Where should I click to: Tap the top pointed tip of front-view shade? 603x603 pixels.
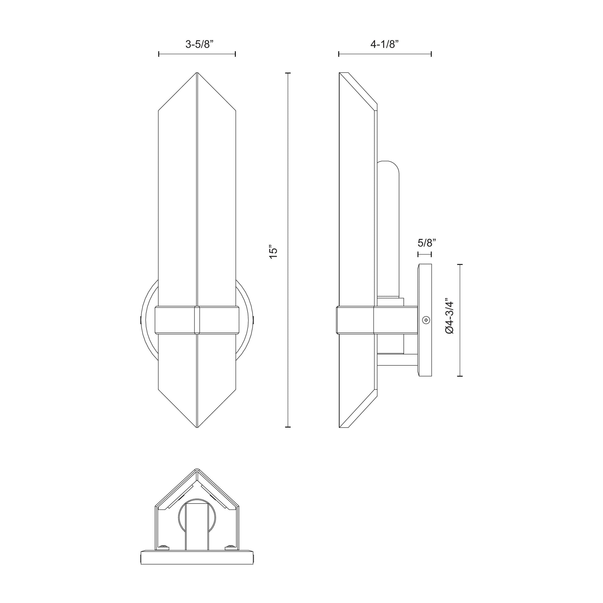click(x=197, y=74)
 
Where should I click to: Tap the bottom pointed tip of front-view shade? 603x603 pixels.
click(x=197, y=427)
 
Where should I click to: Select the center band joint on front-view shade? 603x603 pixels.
click(x=197, y=320)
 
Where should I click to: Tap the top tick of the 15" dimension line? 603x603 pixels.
click(x=288, y=73)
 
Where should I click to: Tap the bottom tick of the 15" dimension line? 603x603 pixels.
click(x=288, y=427)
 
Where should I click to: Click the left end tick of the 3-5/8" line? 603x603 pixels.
click(x=159, y=54)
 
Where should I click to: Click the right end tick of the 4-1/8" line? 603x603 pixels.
click(x=431, y=54)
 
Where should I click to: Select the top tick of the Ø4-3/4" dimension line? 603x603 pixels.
click(x=460, y=264)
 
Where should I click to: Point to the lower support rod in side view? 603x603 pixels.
click(x=397, y=360)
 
